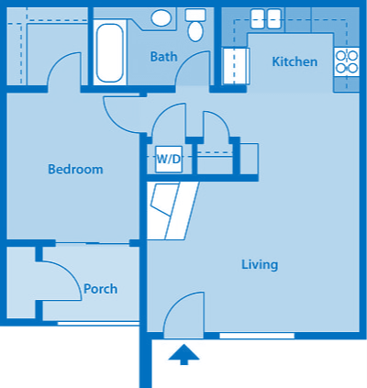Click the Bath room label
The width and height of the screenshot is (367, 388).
pos(163,57)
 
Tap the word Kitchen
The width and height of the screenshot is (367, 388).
pos(295,62)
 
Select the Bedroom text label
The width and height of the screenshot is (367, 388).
pos(75,170)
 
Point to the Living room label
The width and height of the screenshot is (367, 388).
pos(259,265)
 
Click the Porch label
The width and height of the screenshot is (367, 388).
pos(100,289)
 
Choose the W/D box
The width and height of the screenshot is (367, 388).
pos(168,159)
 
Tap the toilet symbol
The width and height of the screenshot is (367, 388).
pos(195,25)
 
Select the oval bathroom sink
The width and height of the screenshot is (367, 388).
pos(161,18)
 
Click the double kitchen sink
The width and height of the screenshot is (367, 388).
pos(266,17)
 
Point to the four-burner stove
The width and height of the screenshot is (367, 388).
pos(347,61)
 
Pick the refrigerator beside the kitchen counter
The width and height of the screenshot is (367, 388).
pos(236,66)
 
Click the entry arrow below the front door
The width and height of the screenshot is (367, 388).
pos(184,354)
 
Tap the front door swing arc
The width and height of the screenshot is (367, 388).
pos(183,314)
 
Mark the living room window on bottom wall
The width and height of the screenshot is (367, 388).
pos(257,336)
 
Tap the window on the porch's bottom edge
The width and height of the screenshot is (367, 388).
pos(96,323)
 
